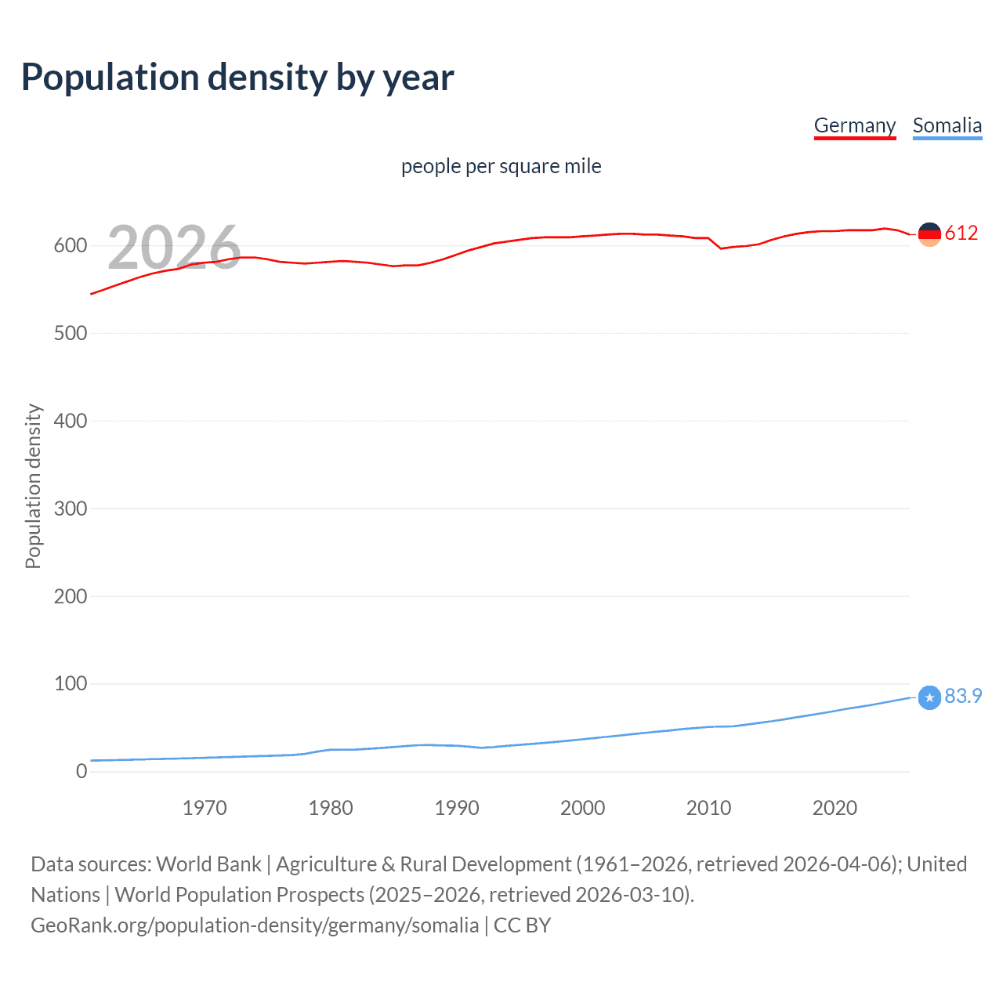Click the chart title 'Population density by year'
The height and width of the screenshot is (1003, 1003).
tap(237, 78)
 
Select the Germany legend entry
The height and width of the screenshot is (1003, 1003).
tap(854, 125)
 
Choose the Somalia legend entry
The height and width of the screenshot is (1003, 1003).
tap(947, 125)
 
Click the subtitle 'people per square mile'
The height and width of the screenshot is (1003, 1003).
tap(501, 166)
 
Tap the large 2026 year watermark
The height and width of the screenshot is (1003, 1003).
tap(174, 248)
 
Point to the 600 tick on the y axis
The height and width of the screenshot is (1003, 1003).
tap(70, 246)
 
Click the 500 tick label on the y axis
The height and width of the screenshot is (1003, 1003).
tap(70, 334)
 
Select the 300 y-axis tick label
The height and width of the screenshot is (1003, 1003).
tap(70, 509)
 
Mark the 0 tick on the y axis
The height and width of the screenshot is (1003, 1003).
tap(81, 772)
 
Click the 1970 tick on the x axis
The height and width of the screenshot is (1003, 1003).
tap(205, 808)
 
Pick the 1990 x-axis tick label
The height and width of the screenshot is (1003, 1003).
tap(457, 808)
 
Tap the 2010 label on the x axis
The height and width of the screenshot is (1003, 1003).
tap(708, 808)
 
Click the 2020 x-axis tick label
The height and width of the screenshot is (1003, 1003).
tap(835, 808)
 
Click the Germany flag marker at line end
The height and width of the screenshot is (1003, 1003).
tap(929, 234)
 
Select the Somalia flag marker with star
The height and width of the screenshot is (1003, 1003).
tap(929, 697)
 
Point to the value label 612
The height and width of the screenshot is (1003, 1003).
tap(961, 234)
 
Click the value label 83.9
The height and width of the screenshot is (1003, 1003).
tap(963, 697)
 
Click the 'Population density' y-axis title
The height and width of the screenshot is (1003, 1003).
tap(33, 486)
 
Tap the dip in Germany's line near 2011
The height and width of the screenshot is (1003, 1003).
tap(721, 248)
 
